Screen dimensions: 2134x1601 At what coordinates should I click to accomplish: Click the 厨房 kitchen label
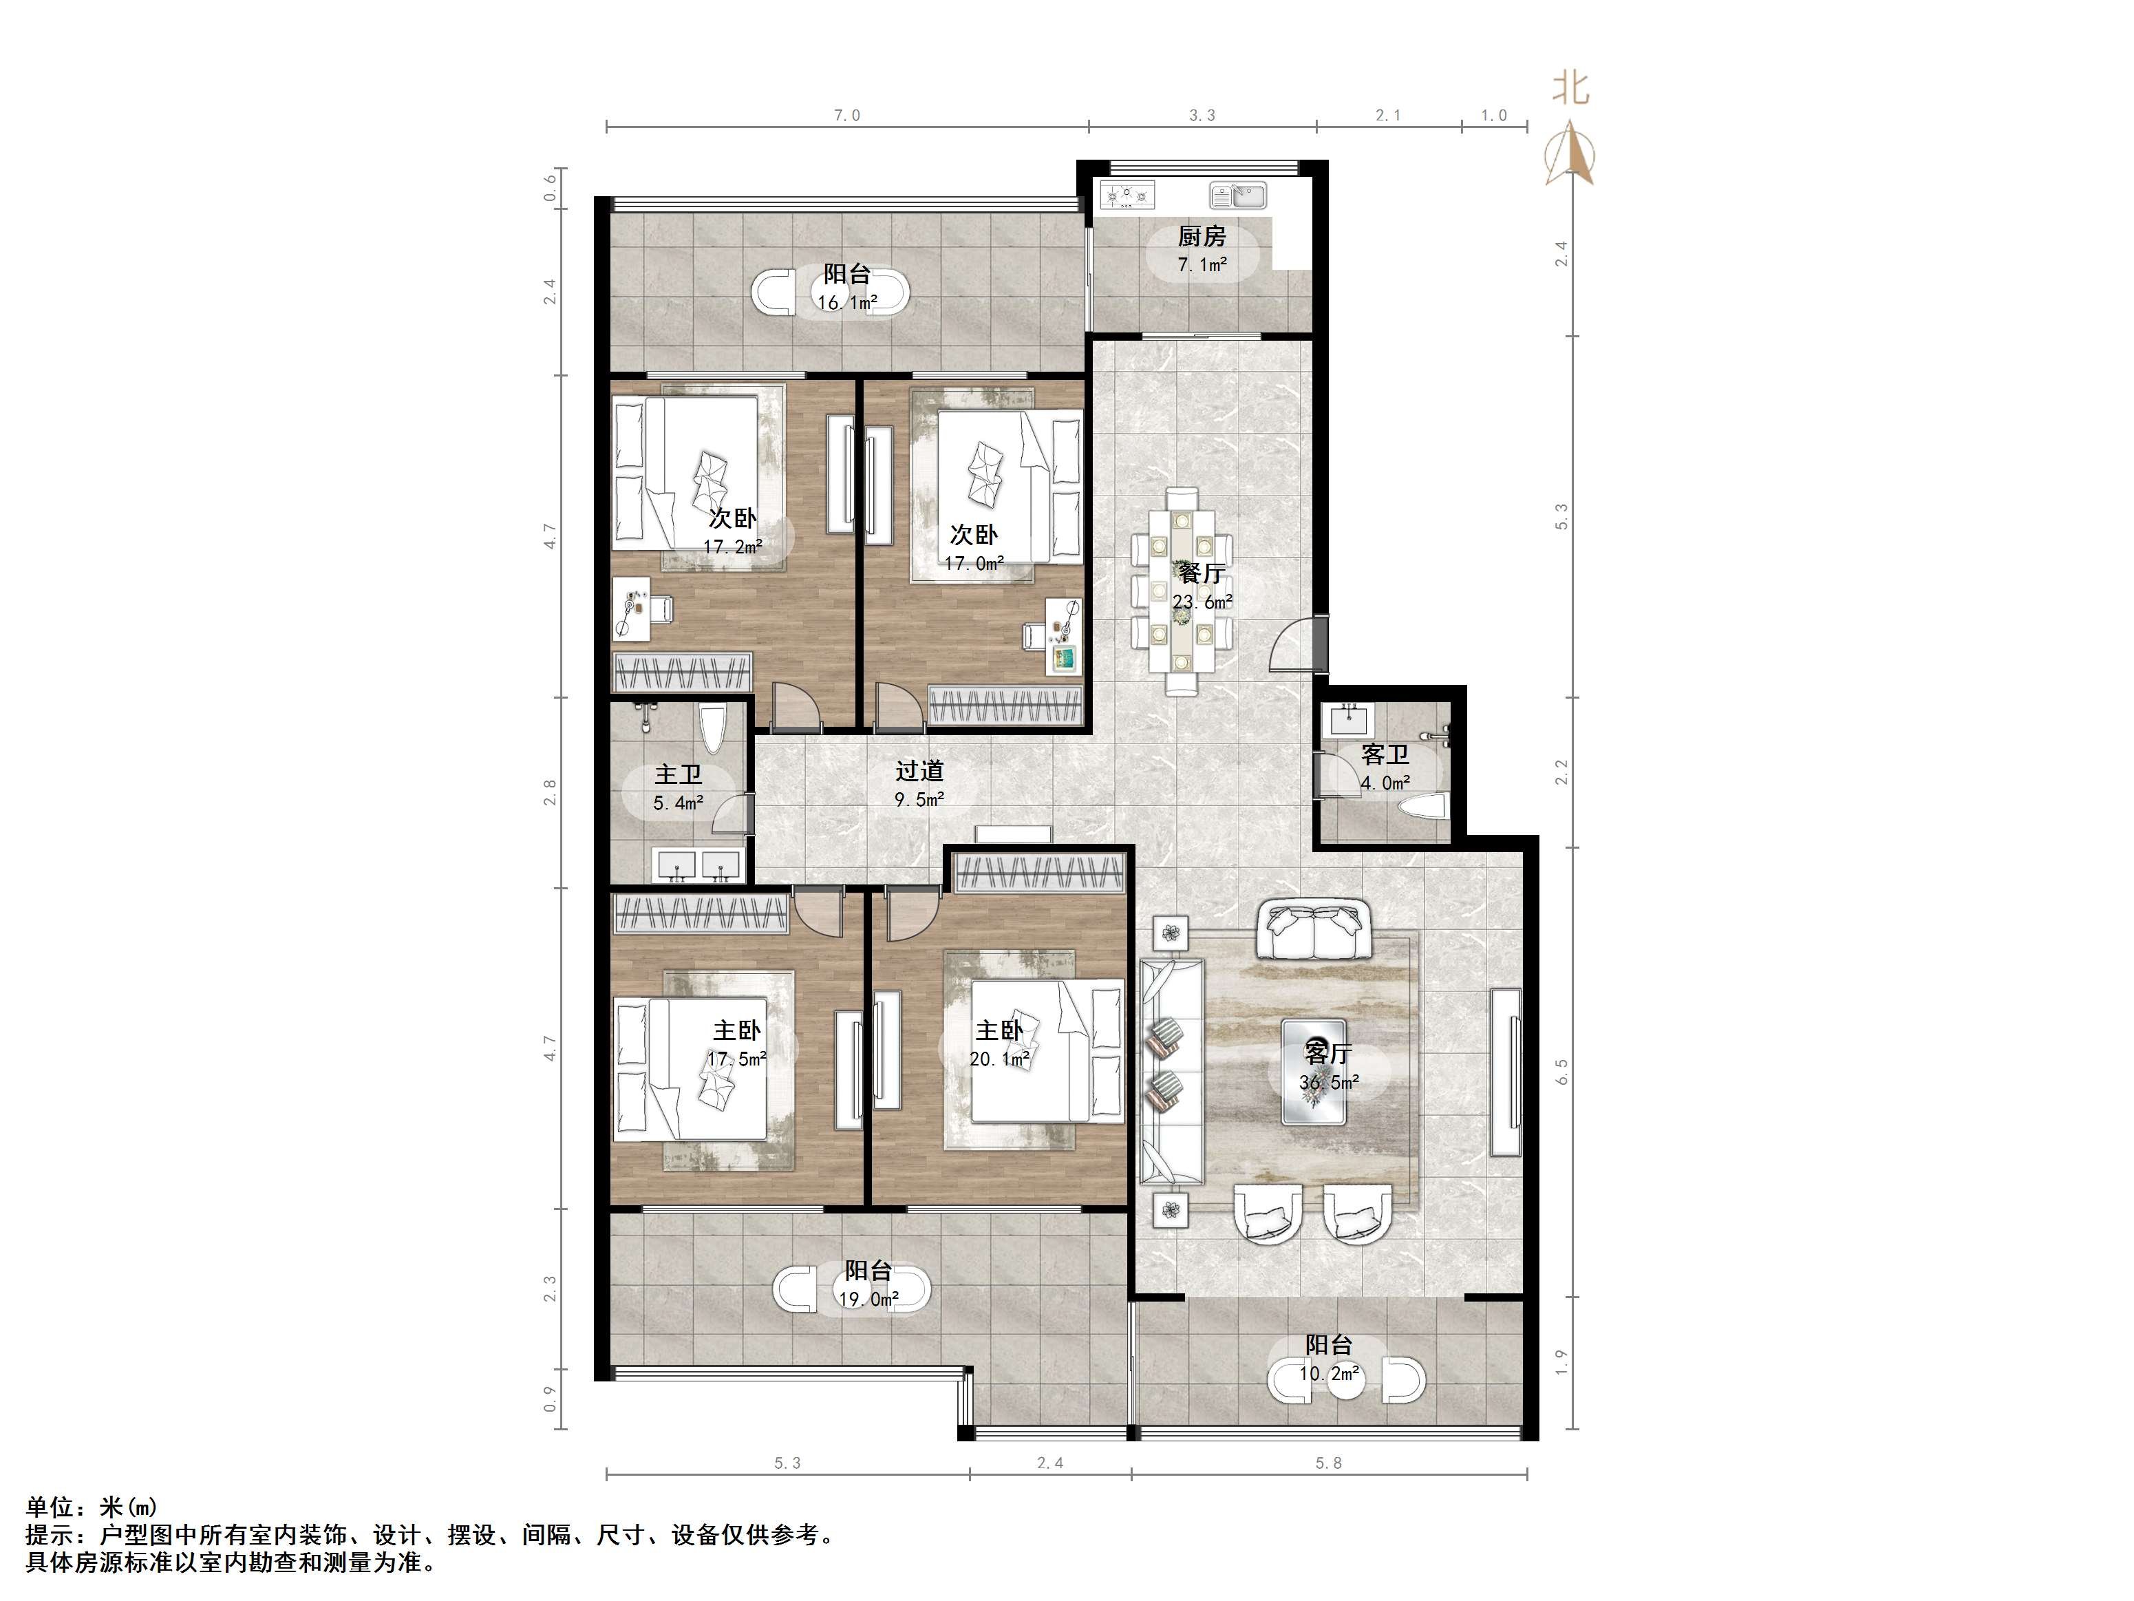1201,235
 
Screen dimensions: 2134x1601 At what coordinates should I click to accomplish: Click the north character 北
1570,89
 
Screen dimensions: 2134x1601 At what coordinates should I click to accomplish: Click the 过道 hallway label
919,770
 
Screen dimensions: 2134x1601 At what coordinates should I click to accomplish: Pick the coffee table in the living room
1313,1071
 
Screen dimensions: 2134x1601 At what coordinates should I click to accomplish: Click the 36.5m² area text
1328,1082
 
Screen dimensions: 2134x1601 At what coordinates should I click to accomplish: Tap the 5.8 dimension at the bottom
1328,1463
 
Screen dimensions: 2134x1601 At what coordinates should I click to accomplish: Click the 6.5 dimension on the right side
1562,1071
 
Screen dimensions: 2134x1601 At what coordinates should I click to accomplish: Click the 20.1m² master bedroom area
999,1059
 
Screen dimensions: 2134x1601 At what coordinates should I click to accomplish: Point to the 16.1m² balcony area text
847,302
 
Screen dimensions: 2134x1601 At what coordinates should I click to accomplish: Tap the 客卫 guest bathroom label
1385,754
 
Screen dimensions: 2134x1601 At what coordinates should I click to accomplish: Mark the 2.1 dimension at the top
1387,116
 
